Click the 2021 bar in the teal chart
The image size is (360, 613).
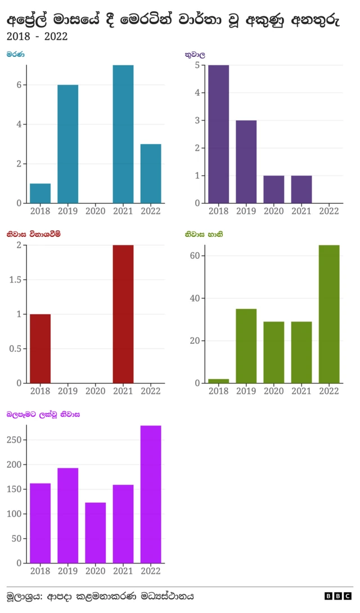click(123, 134)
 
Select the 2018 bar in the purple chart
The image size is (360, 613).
click(218, 134)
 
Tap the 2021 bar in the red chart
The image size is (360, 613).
click(123, 314)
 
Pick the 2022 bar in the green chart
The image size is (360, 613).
click(329, 314)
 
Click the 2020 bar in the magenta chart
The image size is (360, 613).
click(96, 533)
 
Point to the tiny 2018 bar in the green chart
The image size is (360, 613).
click(218, 381)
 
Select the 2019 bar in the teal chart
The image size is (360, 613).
click(68, 144)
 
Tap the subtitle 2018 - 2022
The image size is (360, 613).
click(37, 37)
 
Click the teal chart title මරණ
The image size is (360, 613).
click(16, 55)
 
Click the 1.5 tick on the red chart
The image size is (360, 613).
click(15, 280)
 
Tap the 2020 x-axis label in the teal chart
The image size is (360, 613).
click(96, 211)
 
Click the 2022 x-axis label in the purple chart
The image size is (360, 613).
click(329, 211)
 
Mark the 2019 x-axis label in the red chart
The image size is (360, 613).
click(68, 391)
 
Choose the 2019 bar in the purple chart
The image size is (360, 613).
click(246, 162)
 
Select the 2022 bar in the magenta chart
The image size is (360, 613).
click(151, 494)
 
